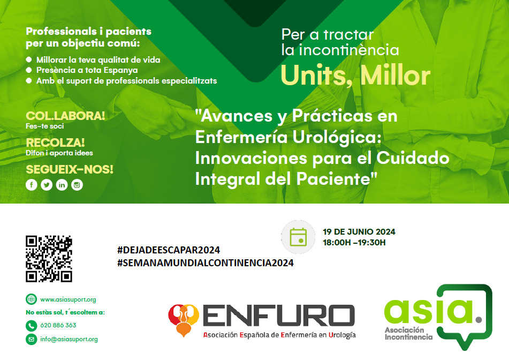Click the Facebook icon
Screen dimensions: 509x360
[32, 185]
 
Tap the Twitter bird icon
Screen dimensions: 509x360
[47, 185]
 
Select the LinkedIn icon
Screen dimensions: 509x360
[62, 185]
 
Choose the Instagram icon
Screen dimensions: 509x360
[77, 185]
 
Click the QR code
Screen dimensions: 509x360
[49, 259]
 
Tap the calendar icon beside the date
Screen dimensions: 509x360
[298, 237]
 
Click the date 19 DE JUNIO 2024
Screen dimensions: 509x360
[359, 231]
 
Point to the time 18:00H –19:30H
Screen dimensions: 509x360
[354, 242]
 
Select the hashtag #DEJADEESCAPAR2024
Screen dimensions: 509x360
[169, 250]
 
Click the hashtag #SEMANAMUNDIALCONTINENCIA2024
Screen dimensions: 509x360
[206, 263]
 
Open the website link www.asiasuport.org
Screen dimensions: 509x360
[68, 299]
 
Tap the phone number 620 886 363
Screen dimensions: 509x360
[58, 325]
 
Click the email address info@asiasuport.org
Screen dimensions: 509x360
[69, 339]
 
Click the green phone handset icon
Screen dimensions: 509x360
[32, 326]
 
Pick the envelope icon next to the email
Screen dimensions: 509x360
[32, 339]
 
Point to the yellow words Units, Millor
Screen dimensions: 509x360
[356, 76]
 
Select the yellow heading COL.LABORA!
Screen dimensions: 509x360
[65, 116]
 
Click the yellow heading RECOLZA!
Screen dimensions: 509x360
[55, 142]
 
